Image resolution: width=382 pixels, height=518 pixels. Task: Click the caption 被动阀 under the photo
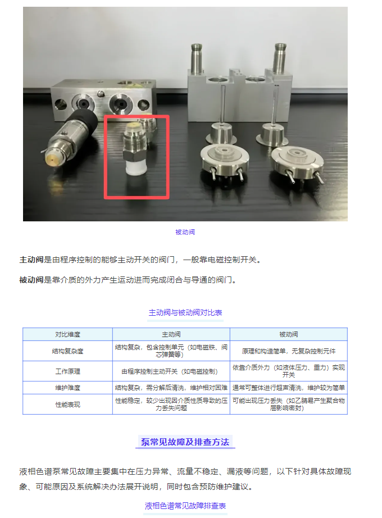[185, 232]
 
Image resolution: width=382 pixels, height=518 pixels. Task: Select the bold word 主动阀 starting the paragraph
[31, 260]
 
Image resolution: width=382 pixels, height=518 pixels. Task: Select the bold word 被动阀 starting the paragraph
[31, 279]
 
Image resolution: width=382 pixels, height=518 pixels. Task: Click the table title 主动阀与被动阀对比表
[185, 312]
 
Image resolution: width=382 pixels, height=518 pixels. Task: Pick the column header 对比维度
[67, 334]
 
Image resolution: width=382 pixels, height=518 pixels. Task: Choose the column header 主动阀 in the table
[171, 334]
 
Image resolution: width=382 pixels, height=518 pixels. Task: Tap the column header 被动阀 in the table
[288, 334]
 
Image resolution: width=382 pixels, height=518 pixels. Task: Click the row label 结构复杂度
[67, 351]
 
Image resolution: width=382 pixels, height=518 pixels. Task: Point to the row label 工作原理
[67, 371]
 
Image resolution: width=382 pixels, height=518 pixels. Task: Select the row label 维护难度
[67, 388]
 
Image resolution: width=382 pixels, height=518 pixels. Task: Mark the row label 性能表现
[67, 405]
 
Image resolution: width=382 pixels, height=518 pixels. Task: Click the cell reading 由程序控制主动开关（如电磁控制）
[171, 371]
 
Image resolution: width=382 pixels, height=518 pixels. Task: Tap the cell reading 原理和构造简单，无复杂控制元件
[288, 351]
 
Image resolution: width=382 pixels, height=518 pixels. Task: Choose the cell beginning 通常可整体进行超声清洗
[288, 388]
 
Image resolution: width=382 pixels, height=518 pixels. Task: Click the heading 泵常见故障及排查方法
[185, 442]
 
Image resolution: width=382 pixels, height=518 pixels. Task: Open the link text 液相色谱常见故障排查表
[185, 506]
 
